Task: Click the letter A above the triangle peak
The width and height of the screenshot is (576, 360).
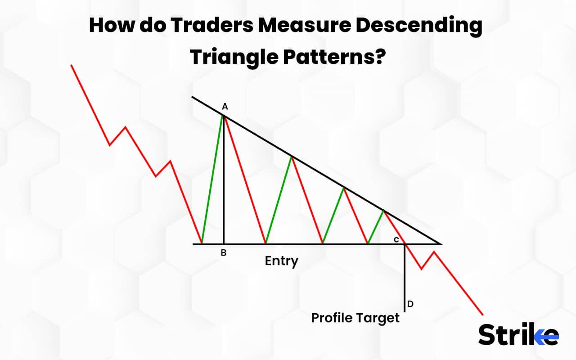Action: (225, 107)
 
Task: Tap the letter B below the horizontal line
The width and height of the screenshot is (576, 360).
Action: (223, 253)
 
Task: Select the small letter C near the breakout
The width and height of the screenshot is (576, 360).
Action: (396, 239)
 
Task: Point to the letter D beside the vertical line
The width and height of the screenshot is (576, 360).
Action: (410, 304)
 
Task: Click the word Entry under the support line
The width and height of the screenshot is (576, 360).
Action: (282, 261)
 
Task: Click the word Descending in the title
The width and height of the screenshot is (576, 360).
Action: (419, 26)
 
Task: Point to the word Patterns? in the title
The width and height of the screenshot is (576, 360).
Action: (333, 57)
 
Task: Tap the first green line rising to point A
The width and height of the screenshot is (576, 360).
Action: (212, 180)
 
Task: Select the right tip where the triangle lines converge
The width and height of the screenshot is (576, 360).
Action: (442, 244)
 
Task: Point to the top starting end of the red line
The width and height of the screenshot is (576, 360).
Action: (71, 65)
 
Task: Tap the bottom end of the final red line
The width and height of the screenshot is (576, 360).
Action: (483, 315)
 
